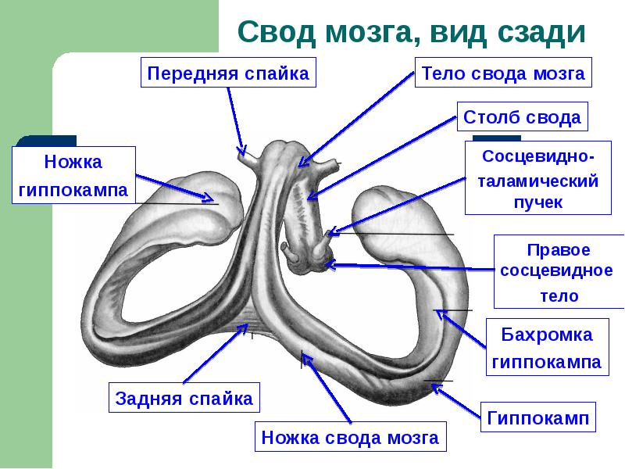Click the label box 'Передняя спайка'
pyautogui.click(x=229, y=73)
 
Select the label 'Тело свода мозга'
pyautogui.click(x=503, y=73)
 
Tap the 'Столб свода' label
pyautogui.click(x=522, y=117)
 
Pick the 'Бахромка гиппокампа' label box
pyautogui.click(x=546, y=348)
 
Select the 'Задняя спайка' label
pyautogui.click(x=184, y=398)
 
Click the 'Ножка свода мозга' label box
pyautogui.click(x=350, y=437)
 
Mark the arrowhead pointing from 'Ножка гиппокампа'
pyautogui.click(x=212, y=199)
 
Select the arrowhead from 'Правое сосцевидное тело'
pyautogui.click(x=327, y=264)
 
